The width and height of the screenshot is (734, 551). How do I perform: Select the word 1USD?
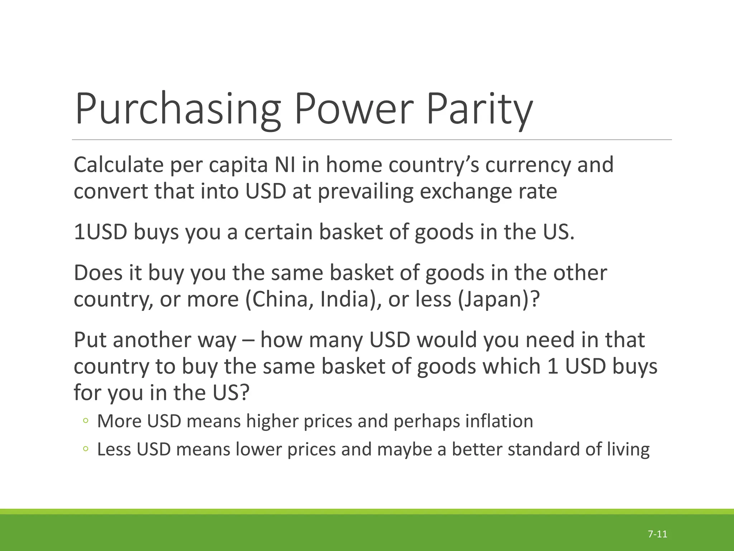coord(100,232)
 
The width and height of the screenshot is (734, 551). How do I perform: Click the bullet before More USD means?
coord(85,421)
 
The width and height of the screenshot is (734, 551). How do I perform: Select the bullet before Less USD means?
coord(85,449)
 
